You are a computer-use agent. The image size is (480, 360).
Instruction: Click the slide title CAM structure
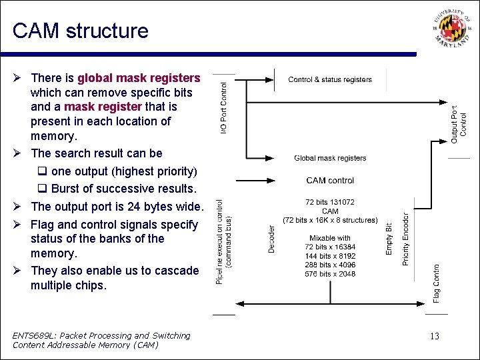81,31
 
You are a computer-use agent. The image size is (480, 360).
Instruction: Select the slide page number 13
435,336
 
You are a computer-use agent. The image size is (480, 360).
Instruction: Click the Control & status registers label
330,80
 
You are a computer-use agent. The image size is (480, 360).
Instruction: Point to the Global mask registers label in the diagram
330,158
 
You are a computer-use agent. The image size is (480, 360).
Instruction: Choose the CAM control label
330,180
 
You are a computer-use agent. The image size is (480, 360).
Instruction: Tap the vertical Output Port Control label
459,123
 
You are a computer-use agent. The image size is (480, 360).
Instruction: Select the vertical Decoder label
271,238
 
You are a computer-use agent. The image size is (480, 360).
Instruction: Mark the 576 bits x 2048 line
330,274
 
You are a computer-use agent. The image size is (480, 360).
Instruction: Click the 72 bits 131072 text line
330,202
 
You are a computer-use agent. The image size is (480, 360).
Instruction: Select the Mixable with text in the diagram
330,238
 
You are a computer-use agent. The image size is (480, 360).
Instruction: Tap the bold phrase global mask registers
139,78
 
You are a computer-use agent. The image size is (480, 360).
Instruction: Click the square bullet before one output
41,171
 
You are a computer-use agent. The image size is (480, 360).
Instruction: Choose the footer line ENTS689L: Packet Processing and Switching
101,335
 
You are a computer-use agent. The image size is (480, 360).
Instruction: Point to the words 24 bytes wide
162,207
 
